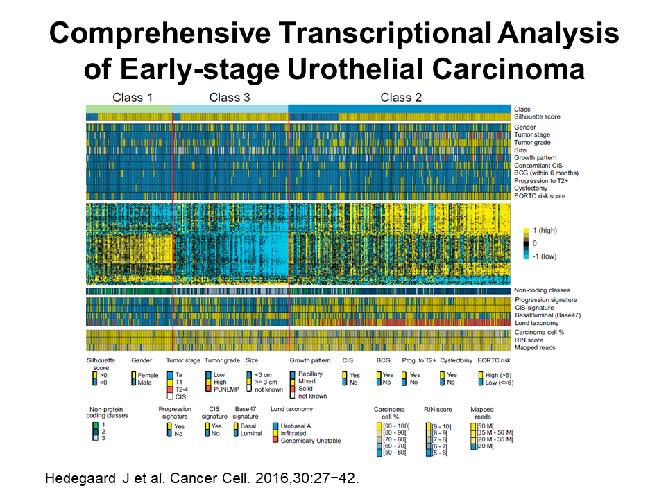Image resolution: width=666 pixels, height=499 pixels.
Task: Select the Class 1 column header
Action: coord(132,98)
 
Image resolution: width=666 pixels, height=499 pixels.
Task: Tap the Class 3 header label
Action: coord(230,98)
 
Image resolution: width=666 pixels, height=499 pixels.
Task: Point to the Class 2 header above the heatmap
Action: coord(401,98)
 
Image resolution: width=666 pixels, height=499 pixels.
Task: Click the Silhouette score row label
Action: coord(537,116)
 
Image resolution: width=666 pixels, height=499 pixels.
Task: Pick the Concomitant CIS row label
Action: coord(538,166)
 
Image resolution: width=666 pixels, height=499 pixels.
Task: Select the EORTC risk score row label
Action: coord(540,196)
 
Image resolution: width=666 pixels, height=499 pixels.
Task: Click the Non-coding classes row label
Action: coord(542,290)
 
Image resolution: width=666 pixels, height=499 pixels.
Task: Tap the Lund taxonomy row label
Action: coord(536,323)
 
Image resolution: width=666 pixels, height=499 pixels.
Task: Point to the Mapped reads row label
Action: coord(535,347)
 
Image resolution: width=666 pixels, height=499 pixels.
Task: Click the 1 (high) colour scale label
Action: coord(545,230)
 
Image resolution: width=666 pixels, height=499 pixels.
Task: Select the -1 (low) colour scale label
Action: coord(544,256)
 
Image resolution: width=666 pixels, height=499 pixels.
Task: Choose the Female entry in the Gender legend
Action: coord(148,375)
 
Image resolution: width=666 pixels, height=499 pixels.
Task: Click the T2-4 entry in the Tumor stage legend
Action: coord(181,389)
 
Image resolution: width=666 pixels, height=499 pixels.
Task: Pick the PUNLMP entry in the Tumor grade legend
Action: coord(226,389)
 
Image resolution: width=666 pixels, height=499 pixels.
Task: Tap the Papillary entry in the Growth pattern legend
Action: coord(310,374)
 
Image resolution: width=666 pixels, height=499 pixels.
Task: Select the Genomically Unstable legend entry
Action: coord(311,441)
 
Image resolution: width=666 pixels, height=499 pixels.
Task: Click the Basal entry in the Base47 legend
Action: coord(248,426)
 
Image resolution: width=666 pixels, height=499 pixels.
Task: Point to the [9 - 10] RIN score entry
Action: coord(441,426)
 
